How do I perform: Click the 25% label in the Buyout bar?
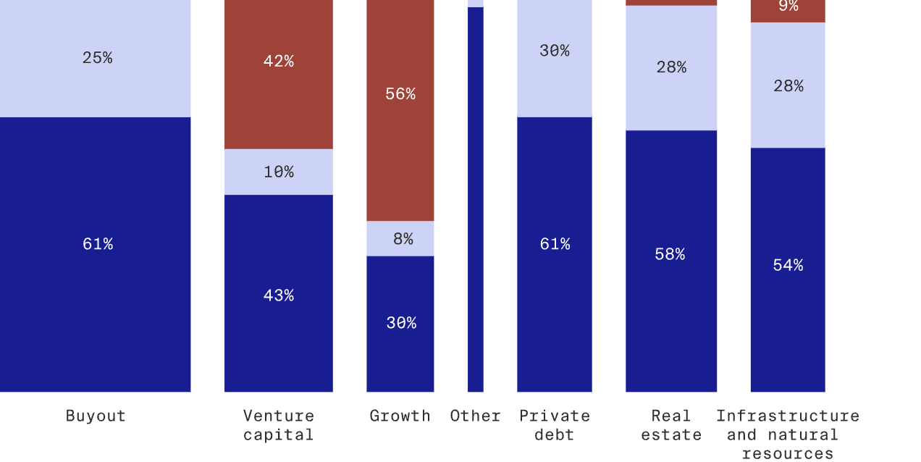tap(97, 58)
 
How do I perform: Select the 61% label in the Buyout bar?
tap(97, 244)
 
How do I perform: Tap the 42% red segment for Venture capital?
tap(278, 62)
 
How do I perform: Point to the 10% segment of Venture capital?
tap(278, 172)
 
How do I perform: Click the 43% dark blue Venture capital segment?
tap(278, 295)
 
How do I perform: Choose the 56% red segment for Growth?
tap(400, 94)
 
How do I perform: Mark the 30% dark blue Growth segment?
tap(400, 323)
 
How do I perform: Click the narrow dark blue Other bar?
tap(475, 199)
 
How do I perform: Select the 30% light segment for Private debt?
tap(554, 51)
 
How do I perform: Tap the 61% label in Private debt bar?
tap(554, 244)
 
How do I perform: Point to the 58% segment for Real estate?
tap(670, 254)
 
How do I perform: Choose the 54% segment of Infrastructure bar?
tap(788, 266)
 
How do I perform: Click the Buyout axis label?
tap(96, 416)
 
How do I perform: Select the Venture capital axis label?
tap(278, 425)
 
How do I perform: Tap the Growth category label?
tap(400, 416)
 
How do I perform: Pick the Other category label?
tap(475, 416)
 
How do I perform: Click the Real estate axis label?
tap(670, 425)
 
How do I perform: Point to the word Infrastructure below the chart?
tap(788, 416)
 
